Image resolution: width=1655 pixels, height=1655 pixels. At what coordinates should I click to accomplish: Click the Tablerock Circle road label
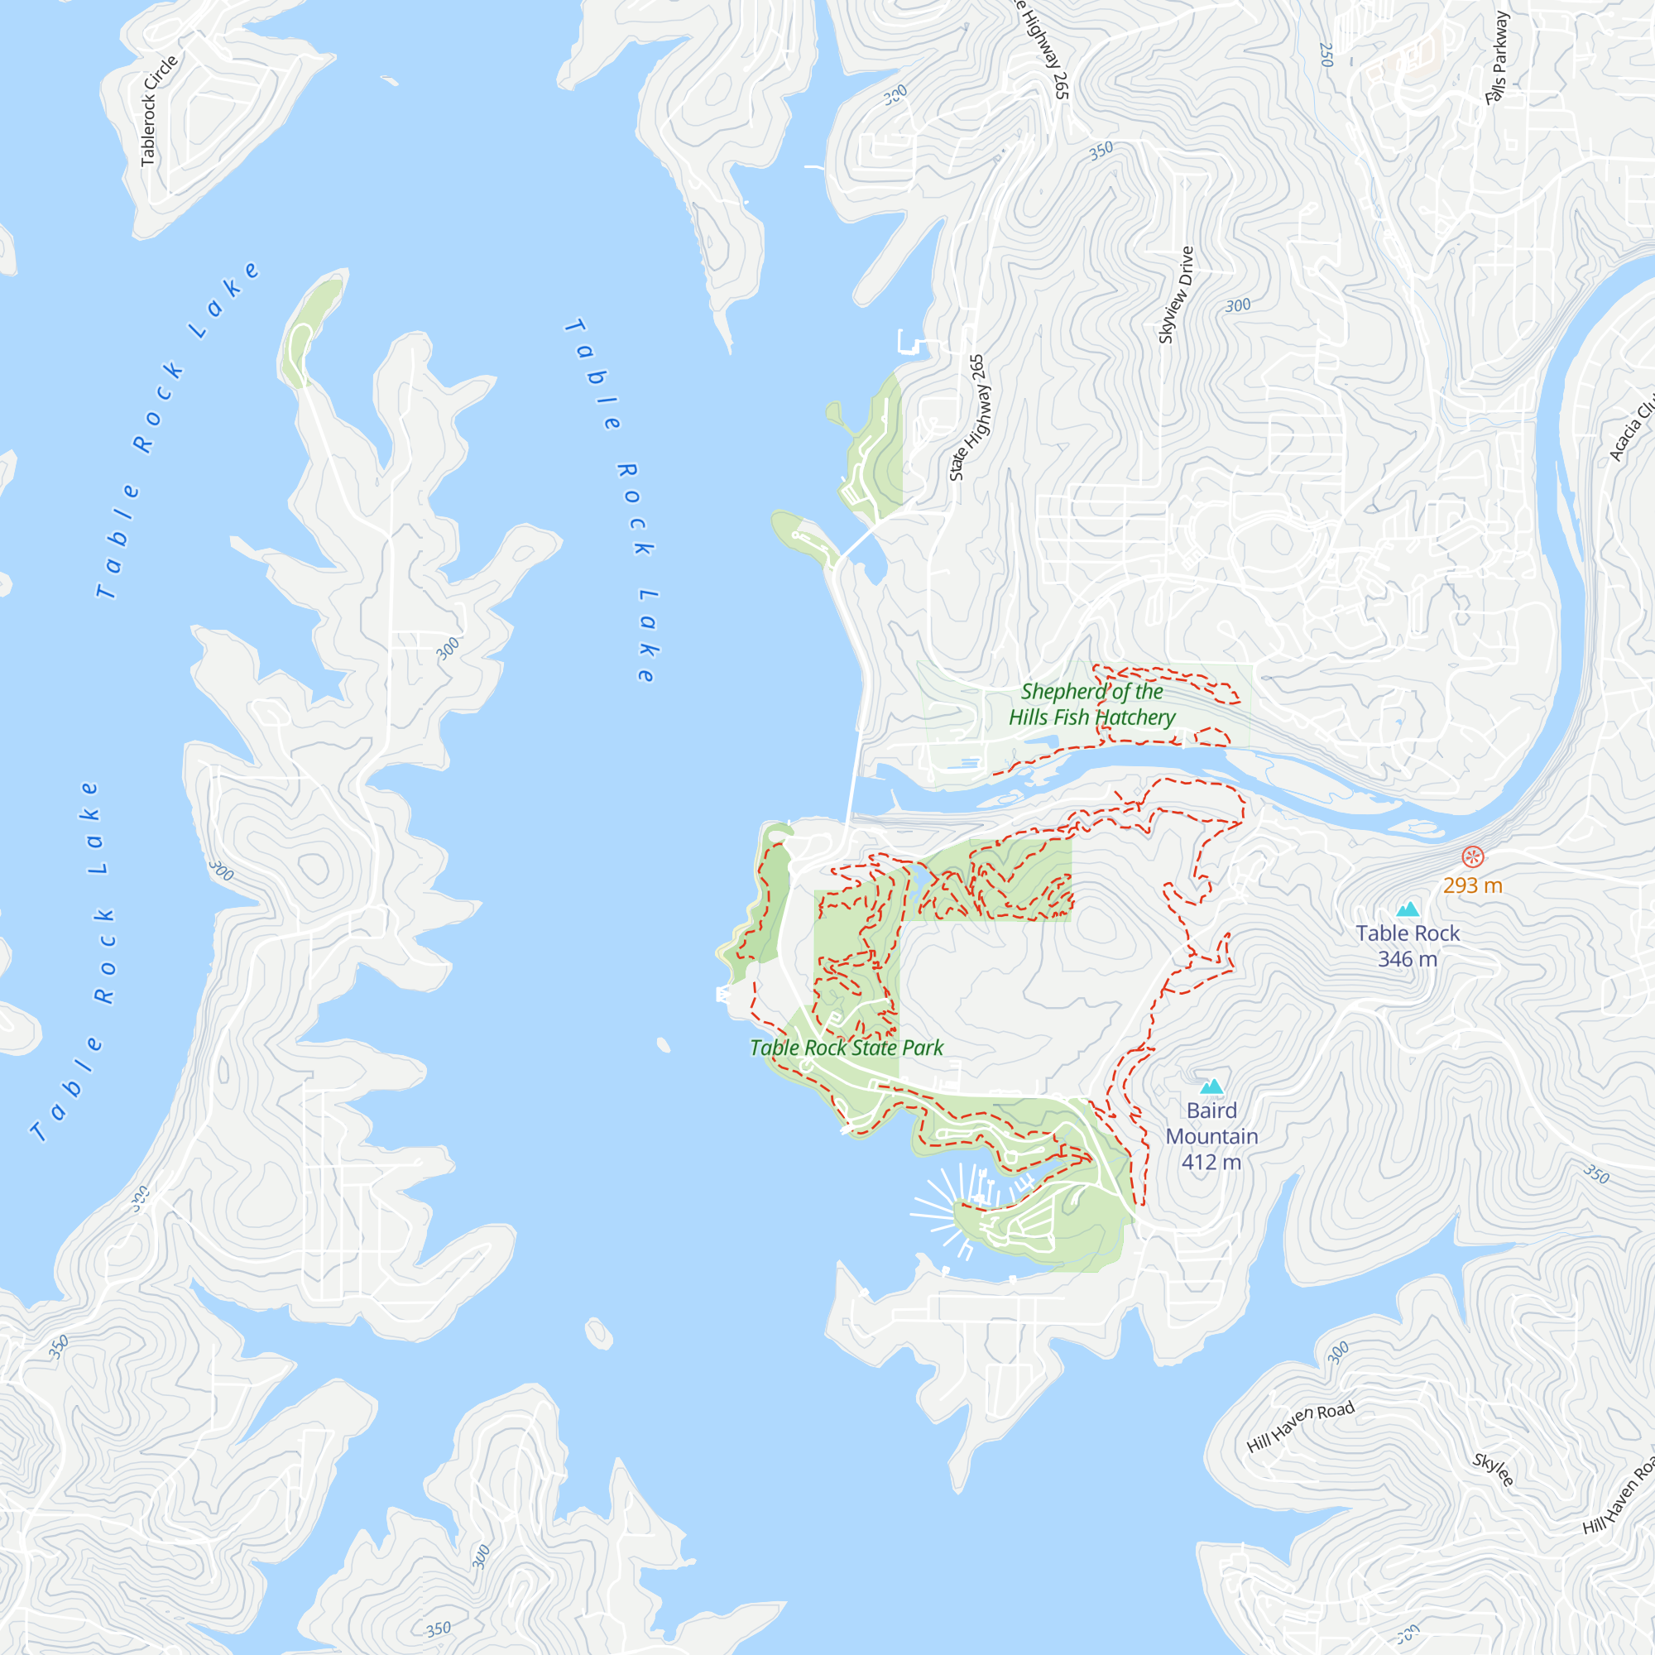tap(159, 111)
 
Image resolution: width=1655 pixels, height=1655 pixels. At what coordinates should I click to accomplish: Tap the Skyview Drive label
tap(1175, 295)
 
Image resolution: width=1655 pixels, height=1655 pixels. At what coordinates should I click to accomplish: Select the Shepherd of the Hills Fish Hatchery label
tap(1091, 704)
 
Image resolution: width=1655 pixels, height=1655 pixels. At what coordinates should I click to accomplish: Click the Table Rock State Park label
tap(847, 1048)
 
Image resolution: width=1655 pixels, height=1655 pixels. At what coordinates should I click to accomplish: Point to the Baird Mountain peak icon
tap(1211, 1087)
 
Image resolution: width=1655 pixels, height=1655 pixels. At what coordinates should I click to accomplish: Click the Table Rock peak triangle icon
tap(1408, 909)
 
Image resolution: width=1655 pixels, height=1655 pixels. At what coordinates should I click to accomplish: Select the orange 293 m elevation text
tap(1473, 885)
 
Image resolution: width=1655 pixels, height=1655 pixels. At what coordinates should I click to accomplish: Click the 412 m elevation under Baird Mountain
tap(1211, 1163)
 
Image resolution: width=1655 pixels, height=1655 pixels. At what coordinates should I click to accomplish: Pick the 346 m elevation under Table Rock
tap(1408, 959)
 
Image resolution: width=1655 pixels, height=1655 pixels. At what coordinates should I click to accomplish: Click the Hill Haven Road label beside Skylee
tap(1300, 1427)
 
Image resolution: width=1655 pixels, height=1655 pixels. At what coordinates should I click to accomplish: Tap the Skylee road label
tap(1493, 1470)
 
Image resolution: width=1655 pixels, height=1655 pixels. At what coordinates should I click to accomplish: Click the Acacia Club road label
tap(1632, 429)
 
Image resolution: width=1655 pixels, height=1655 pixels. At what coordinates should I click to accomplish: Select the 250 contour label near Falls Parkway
tap(1326, 54)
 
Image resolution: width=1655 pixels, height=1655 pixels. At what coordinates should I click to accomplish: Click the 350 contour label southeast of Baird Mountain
tap(1596, 1173)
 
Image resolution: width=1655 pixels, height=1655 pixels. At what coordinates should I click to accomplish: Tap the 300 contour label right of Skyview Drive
tap(1238, 306)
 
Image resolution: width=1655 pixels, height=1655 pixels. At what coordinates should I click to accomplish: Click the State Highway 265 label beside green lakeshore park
tap(968, 417)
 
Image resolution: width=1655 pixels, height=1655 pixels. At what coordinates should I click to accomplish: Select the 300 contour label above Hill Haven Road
tap(1338, 1353)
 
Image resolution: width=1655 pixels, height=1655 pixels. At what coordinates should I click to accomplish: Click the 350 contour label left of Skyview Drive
tap(1101, 151)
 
